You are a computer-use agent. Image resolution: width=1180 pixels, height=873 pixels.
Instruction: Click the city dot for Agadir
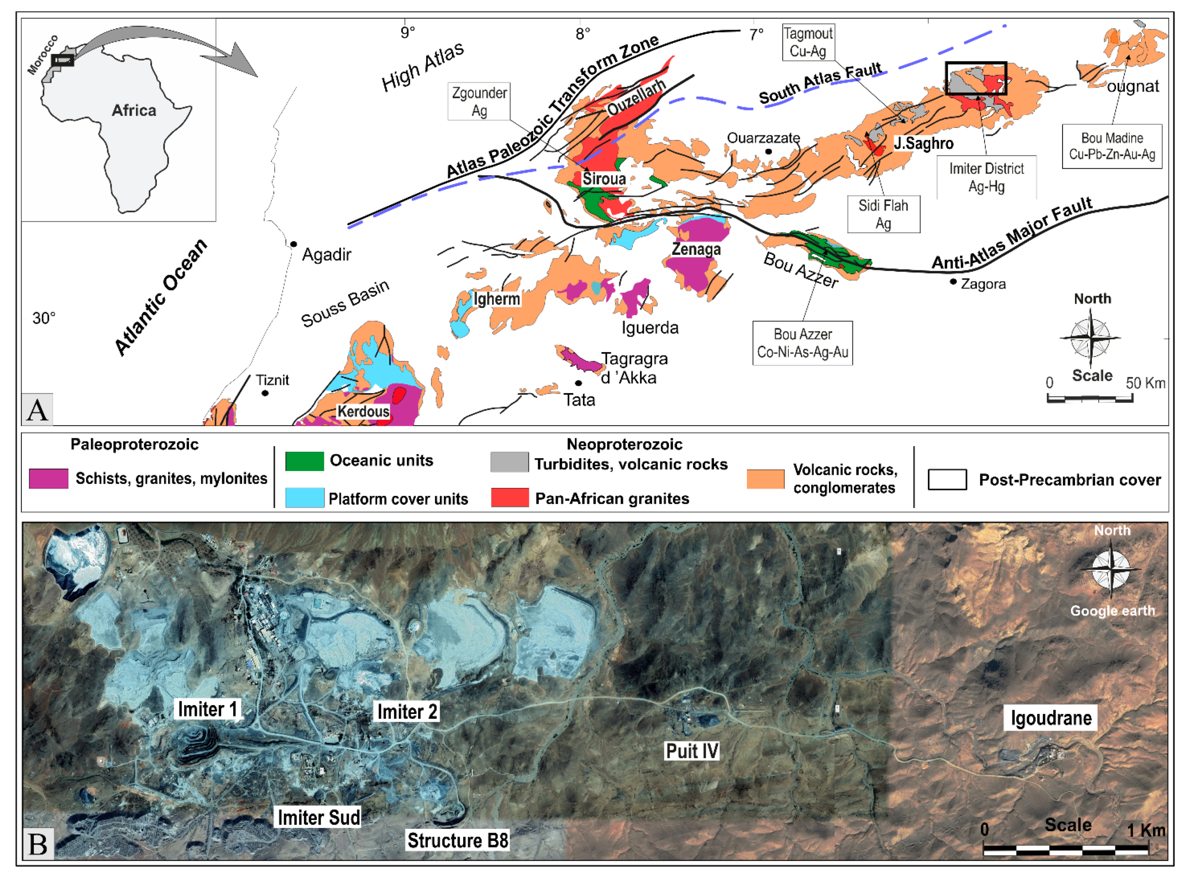(293, 244)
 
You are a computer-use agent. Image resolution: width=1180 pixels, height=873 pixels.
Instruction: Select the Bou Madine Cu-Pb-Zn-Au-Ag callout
(1111, 146)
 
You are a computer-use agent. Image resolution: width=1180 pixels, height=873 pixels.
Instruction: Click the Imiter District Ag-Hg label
(986, 177)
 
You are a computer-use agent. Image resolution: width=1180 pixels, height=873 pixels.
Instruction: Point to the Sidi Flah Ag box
(883, 214)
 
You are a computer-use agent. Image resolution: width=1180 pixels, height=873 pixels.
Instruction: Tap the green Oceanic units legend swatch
(304, 461)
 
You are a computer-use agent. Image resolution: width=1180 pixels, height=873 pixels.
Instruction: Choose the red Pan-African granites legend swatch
(510, 498)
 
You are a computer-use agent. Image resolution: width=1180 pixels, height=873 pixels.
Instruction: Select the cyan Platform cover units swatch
(304, 498)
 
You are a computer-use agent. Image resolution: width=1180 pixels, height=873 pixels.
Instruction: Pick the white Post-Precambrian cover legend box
(947, 479)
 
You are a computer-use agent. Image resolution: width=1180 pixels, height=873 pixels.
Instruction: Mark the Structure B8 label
(457, 840)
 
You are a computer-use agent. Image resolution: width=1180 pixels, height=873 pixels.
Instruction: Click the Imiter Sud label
(319, 817)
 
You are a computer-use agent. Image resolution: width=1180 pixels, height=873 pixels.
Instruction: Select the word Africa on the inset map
(134, 111)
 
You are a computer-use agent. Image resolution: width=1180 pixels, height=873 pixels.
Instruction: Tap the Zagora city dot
(953, 282)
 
